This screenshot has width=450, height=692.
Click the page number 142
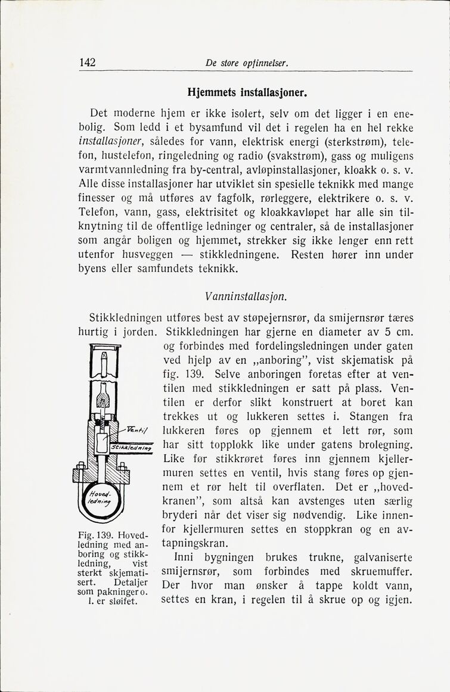[88, 63]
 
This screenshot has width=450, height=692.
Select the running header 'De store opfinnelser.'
[246, 63]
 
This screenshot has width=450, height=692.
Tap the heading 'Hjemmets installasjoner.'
[247, 93]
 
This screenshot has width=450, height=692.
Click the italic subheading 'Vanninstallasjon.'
[246, 296]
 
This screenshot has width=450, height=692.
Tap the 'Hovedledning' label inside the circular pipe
[98, 498]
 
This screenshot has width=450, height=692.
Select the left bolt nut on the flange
[76, 475]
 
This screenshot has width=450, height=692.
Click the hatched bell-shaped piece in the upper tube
[105, 396]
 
